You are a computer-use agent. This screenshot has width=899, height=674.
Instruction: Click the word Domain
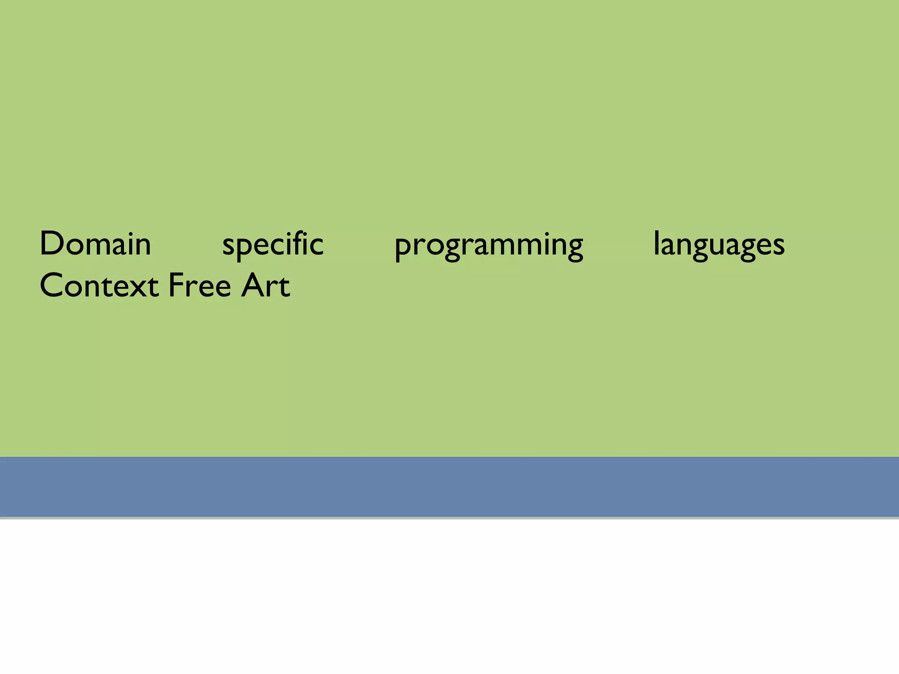(x=95, y=244)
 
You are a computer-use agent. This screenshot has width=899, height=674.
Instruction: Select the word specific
(x=273, y=244)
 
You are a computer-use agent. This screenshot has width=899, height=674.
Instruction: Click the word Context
(x=99, y=285)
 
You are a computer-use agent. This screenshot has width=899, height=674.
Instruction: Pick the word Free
(x=200, y=285)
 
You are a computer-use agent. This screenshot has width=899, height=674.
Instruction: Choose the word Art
(x=266, y=285)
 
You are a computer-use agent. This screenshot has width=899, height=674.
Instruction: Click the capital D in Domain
(x=51, y=244)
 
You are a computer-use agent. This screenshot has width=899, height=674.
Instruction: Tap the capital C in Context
(x=51, y=285)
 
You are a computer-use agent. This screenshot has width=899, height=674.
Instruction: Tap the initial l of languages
(x=656, y=243)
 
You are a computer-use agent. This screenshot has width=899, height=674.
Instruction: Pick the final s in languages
(x=778, y=247)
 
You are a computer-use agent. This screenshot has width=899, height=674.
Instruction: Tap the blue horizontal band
(x=449, y=487)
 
